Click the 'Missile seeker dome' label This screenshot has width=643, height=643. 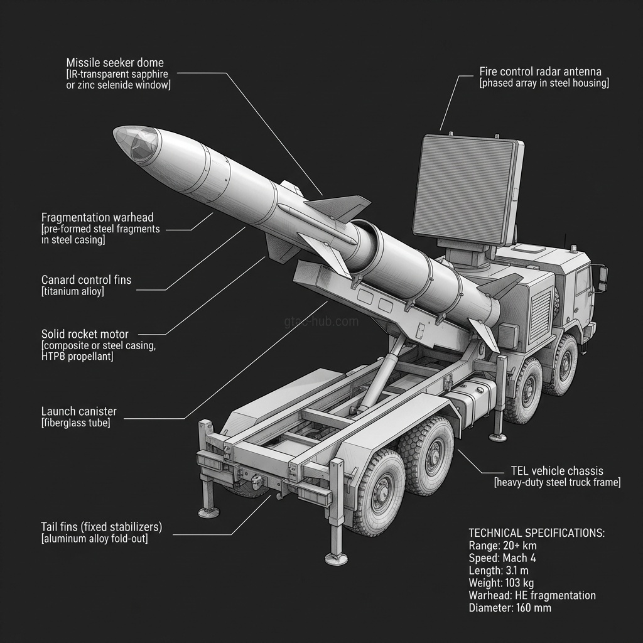tap(115, 63)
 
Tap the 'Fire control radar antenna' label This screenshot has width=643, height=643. tap(540, 72)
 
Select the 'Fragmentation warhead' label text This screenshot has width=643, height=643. tap(97, 217)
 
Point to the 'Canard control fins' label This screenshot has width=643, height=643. tap(87, 279)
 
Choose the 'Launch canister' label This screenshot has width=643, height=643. tap(79, 411)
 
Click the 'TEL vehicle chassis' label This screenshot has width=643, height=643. tap(558, 471)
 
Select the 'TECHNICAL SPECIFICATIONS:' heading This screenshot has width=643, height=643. tap(537, 533)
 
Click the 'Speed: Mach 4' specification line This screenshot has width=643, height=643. tap(502, 558)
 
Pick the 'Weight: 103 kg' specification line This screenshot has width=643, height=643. tap(501, 583)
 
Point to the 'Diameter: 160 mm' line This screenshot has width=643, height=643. tap(510, 607)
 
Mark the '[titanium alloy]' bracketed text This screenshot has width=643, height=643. tap(73, 292)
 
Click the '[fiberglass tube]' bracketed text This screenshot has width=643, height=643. tap(76, 423)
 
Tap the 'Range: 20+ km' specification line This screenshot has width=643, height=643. tap(503, 546)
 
